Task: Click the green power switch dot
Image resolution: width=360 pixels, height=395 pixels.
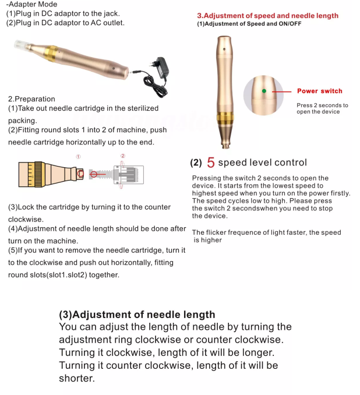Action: (264, 91)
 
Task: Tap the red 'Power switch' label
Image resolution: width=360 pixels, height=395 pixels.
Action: (319, 91)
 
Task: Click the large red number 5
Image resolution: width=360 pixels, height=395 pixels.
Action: (211, 163)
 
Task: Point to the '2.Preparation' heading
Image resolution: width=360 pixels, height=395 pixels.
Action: (31, 99)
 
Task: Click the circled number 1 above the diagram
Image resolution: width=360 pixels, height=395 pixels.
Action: (79, 157)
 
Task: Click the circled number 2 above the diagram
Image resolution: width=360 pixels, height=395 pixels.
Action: (123, 156)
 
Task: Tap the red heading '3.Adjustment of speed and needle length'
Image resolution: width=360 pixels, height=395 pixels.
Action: (267, 16)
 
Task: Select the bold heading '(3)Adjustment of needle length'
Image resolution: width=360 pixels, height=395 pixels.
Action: (137, 315)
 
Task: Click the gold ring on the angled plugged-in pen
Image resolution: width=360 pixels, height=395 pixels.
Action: (46, 53)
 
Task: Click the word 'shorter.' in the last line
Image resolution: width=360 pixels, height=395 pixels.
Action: (76, 378)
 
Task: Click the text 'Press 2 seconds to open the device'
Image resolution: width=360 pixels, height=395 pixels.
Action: (322, 108)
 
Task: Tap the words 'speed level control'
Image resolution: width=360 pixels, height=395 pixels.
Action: (262, 163)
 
